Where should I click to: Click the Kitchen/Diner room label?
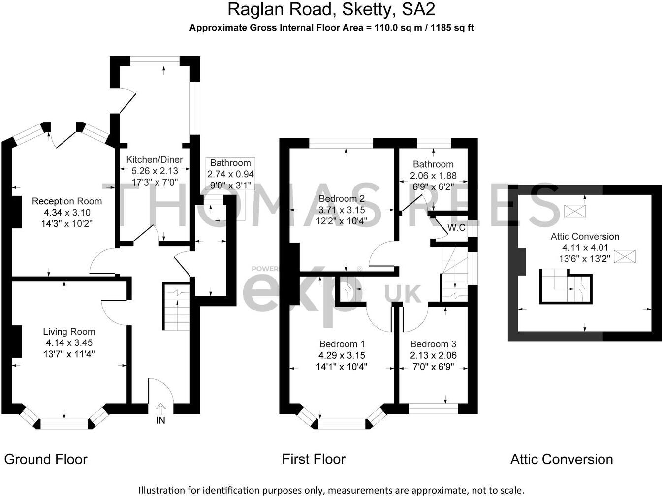pyautogui.click(x=154, y=160)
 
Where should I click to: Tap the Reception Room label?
pyautogui.click(x=67, y=201)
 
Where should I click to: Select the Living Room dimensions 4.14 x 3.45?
pyautogui.click(x=69, y=343)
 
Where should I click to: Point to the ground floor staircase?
pyautogui.click(x=176, y=308)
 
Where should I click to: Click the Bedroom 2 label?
pyautogui.click(x=342, y=199)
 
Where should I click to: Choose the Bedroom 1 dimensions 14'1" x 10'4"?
pyautogui.click(x=342, y=367)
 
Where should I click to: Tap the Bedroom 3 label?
pyautogui.click(x=433, y=344)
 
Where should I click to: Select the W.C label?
pyautogui.click(x=456, y=228)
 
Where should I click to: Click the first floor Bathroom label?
pyautogui.click(x=433, y=164)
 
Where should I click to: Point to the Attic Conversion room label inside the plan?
pyautogui.click(x=585, y=237)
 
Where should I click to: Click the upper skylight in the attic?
pyautogui.click(x=575, y=211)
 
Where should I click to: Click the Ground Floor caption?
pyautogui.click(x=46, y=460)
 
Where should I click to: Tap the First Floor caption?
pyautogui.click(x=314, y=460)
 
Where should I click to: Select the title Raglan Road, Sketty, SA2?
pyautogui.click(x=331, y=9)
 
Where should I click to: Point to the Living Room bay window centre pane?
pyautogui.click(x=64, y=423)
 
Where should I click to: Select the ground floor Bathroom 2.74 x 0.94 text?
pyautogui.click(x=230, y=174)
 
